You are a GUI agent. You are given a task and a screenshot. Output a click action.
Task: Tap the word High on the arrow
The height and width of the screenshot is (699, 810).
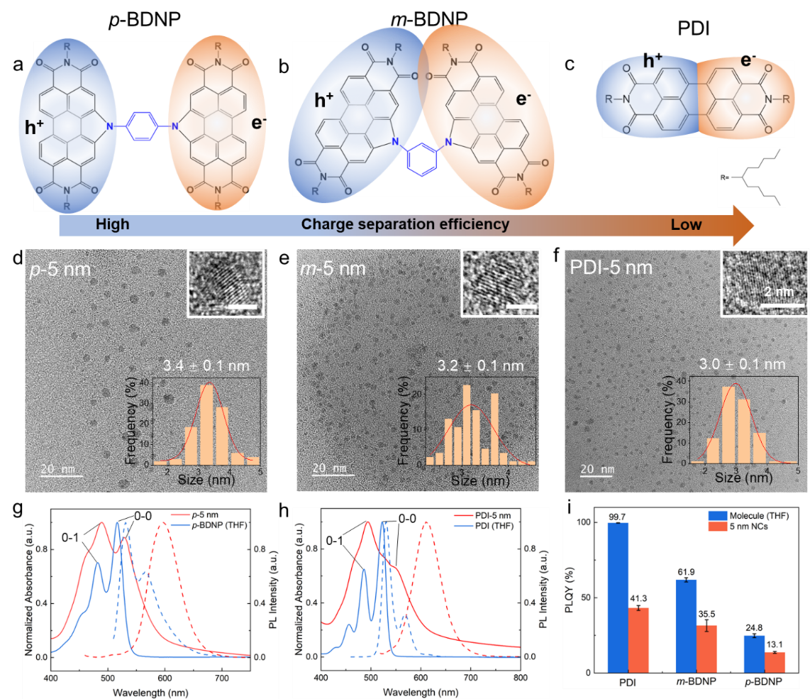pyautogui.click(x=113, y=225)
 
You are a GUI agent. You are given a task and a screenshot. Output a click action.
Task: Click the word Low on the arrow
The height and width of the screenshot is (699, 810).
pyautogui.click(x=686, y=225)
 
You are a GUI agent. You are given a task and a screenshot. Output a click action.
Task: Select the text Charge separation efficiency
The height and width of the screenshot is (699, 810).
pyautogui.click(x=405, y=225)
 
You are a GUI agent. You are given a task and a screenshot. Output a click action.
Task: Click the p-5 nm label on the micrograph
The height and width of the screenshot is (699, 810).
pyautogui.click(x=60, y=270)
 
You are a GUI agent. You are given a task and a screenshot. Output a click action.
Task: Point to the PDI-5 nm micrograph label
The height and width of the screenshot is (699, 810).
pyautogui.click(x=611, y=270)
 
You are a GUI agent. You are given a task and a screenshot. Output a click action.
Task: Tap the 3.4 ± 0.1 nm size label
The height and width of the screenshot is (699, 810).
pyautogui.click(x=207, y=366)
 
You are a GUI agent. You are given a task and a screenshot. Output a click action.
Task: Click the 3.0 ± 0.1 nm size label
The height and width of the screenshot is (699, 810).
pyautogui.click(x=744, y=364)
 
